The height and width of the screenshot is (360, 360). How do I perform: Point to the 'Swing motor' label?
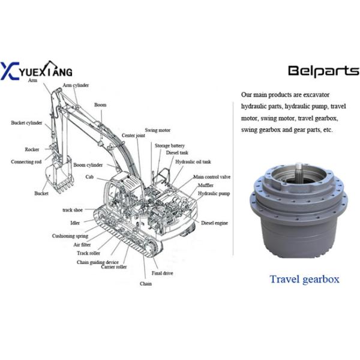157,130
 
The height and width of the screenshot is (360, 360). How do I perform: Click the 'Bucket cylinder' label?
26,122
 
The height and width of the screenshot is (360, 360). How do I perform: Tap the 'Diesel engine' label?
214,223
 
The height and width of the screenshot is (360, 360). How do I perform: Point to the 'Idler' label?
74,223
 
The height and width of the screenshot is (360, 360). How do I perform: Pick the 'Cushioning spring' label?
70,236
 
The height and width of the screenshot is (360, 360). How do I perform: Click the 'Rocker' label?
32,149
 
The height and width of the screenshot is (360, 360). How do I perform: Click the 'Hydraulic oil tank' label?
193,161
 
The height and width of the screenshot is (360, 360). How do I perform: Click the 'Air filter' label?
83,245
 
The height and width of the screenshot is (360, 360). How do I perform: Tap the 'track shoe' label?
75,210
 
